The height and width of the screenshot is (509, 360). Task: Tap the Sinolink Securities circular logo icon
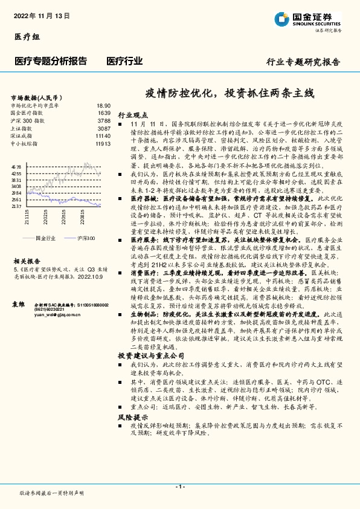pyautogui.click(x=281, y=18)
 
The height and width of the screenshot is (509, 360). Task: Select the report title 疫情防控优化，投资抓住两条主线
pyautogui.click(x=230, y=94)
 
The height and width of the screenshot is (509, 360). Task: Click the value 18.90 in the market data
pyautogui.click(x=103, y=105)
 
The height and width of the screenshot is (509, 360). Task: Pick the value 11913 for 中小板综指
pyautogui.click(x=103, y=144)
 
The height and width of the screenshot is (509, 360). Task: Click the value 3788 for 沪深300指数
pyautogui.click(x=104, y=121)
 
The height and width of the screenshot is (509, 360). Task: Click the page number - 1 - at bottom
pyautogui.click(x=179, y=487)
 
